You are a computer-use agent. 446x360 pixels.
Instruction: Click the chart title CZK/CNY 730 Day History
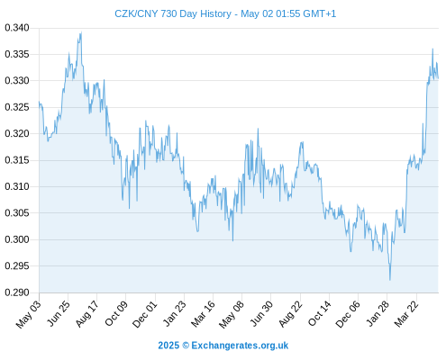coord(173,13)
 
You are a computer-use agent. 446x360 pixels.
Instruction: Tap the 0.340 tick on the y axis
coord(17,28)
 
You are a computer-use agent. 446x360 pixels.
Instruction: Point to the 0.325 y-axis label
coord(17,107)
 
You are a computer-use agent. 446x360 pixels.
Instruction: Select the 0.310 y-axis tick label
coord(17,186)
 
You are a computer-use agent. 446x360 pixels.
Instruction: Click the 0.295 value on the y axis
coord(17,265)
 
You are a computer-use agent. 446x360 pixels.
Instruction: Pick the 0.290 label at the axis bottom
coord(17,292)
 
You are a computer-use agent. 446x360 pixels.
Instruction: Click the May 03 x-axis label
coord(28,314)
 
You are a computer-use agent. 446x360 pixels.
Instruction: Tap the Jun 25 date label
coord(59,313)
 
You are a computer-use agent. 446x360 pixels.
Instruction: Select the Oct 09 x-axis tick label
coord(116,313)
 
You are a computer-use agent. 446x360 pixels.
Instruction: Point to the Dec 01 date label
coord(144,314)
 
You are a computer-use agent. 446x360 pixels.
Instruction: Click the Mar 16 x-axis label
coord(203,314)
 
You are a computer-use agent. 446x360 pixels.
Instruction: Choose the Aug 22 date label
coord(290,314)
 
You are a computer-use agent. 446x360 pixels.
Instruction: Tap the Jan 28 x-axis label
coord(378,314)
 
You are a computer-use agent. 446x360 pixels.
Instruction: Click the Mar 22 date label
coord(406,314)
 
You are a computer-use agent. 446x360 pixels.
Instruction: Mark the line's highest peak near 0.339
coord(81,32)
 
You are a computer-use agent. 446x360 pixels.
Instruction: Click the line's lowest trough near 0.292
coord(390,280)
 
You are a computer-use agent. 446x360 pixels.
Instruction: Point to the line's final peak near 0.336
coord(432,49)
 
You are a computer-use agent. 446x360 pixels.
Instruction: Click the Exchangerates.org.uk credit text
coord(240,346)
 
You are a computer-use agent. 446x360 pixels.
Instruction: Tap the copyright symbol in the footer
coord(186,346)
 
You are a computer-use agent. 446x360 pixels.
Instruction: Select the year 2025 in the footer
coord(168,346)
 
